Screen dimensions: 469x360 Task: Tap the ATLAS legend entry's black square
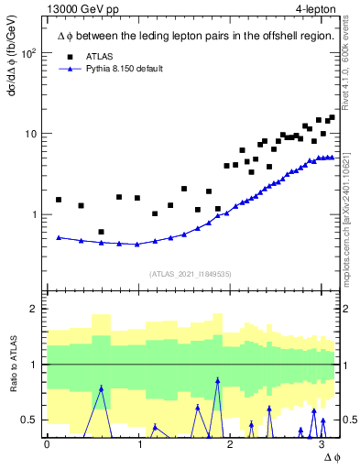[x=70, y=55]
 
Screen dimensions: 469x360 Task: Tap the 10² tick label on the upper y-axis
[x=29, y=53]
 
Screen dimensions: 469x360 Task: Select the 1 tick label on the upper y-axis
[x=35, y=214]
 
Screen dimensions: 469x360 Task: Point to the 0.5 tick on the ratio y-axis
[x=30, y=420]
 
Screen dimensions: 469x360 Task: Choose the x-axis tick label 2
[x=230, y=444]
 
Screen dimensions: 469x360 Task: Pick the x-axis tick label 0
[x=47, y=444]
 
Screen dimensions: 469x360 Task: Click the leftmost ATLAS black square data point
[x=59, y=200]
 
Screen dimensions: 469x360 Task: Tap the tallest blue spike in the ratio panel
[x=217, y=379]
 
